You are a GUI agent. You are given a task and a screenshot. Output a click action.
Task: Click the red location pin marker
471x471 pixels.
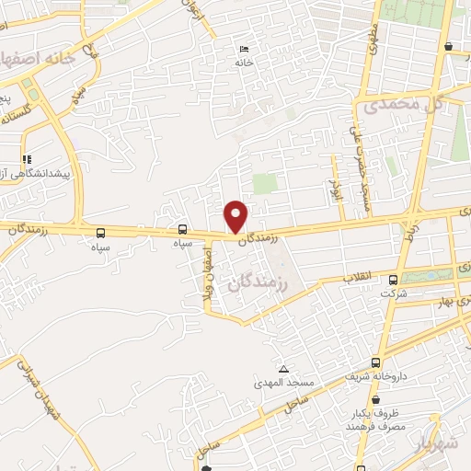point(236,215)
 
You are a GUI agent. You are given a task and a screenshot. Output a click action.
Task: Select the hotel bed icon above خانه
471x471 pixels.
point(243,50)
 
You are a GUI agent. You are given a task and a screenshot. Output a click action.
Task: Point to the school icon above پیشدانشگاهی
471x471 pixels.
point(27,159)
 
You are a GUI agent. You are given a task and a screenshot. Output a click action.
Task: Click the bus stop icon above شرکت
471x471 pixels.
point(394,280)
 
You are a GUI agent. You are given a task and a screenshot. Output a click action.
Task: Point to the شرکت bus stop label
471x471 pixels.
point(394,293)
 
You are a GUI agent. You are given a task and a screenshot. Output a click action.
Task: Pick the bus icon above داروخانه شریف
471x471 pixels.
point(375,362)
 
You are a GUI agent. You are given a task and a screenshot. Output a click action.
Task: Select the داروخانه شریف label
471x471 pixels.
point(374,376)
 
